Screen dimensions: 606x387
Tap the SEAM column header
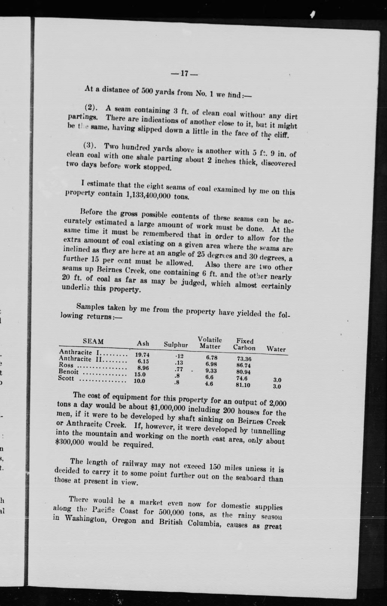tap(93, 341)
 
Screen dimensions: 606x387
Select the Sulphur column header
tap(176, 345)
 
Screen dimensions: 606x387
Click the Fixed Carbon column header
tap(244, 345)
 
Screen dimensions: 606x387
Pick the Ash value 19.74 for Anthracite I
tap(142, 355)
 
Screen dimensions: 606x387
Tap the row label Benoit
tap(69, 372)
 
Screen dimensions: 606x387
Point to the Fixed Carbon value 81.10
tap(243, 385)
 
